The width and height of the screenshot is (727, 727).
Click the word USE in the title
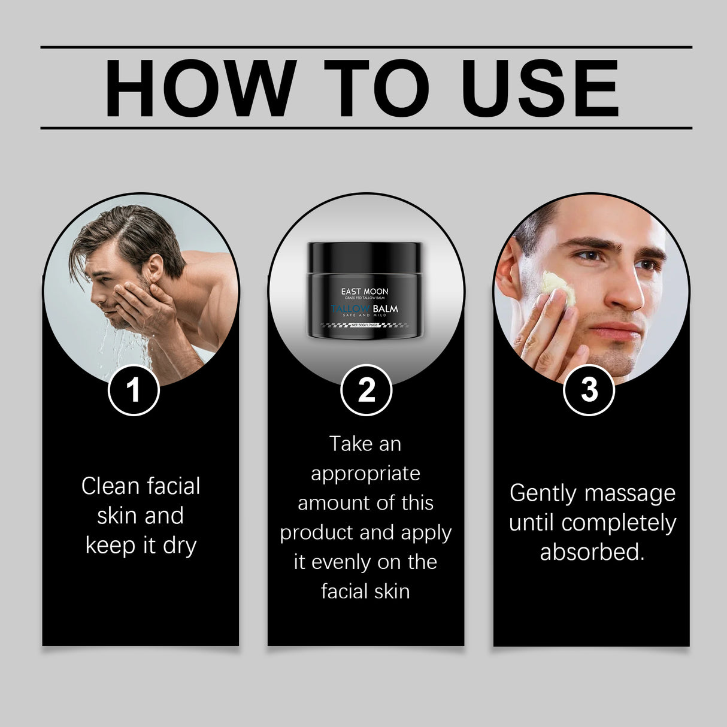(x=540, y=88)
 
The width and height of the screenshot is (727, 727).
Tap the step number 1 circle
(x=134, y=390)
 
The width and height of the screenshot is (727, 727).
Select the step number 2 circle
(x=366, y=390)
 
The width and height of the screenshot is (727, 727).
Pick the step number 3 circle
(x=589, y=390)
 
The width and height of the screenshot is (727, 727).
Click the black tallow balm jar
(x=365, y=290)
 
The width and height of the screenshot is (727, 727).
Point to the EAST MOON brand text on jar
(x=365, y=292)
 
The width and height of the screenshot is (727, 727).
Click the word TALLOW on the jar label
(x=350, y=309)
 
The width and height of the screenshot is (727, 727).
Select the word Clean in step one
(x=111, y=486)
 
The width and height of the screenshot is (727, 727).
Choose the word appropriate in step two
(x=365, y=474)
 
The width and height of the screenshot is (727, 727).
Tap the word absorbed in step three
(x=592, y=552)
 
